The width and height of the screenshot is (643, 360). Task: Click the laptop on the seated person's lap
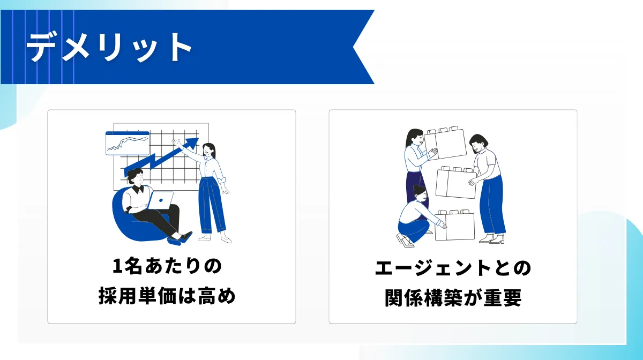pyautogui.click(x=161, y=200)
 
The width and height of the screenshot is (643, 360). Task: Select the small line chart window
pyautogui.click(x=127, y=143)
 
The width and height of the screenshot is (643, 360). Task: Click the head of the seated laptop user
pyautogui.click(x=134, y=176)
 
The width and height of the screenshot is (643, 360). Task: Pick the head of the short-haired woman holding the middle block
pyautogui.click(x=478, y=143)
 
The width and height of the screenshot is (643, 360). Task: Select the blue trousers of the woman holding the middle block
pyautogui.click(x=491, y=206)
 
